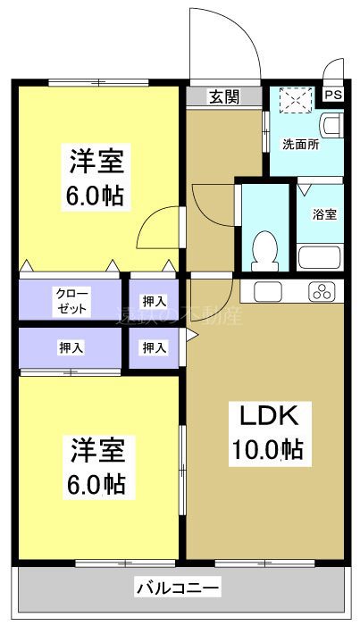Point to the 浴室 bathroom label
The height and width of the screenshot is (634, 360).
[323, 214]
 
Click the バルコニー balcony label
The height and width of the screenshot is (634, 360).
[179, 588]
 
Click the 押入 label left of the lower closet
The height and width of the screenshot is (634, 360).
[71, 346]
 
